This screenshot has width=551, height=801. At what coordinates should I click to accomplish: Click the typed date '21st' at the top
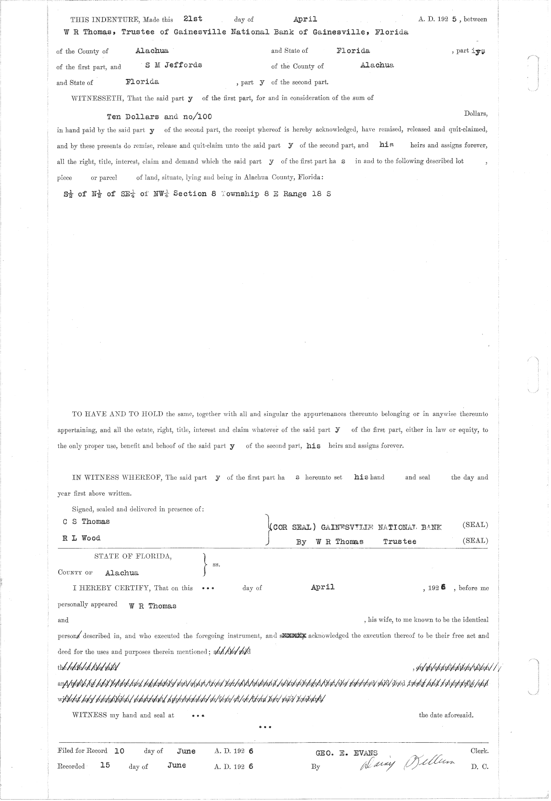[x=193, y=19]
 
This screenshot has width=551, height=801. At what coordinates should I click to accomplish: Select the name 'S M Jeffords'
[x=174, y=65]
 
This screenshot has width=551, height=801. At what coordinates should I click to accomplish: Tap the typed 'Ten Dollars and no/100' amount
[x=159, y=117]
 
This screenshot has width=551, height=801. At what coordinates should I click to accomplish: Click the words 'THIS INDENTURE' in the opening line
[x=104, y=20]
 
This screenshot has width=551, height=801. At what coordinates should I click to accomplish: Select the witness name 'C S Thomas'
[x=86, y=521]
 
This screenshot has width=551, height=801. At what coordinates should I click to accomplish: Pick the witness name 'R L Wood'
[x=81, y=538]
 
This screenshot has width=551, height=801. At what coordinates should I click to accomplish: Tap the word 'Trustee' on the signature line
[x=400, y=542]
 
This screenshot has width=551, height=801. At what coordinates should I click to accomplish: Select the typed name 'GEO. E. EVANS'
[x=347, y=753]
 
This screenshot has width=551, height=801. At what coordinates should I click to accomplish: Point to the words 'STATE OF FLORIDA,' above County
[x=133, y=556]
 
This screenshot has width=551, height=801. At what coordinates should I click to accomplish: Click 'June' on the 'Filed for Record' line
[x=186, y=751]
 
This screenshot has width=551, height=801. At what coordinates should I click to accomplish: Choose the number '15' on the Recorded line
[x=105, y=765]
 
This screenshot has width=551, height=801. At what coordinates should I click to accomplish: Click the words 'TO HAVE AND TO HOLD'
[x=118, y=414]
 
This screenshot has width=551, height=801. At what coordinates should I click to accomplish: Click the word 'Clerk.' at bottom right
[x=479, y=751]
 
